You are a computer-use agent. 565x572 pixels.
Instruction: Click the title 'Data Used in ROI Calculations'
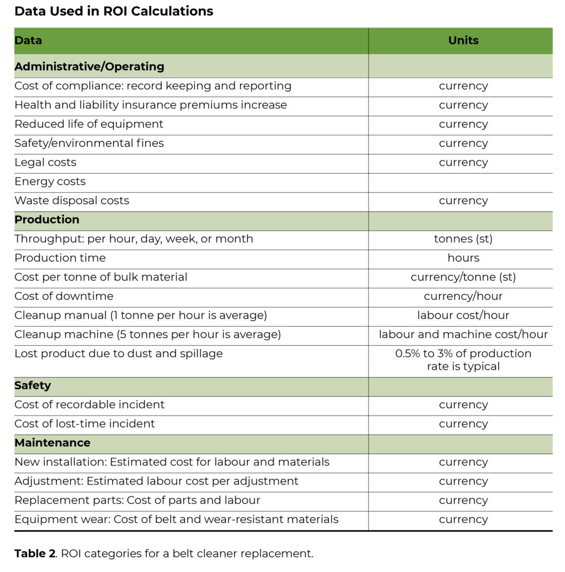(x=114, y=11)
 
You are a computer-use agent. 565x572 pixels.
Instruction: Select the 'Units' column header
(x=463, y=40)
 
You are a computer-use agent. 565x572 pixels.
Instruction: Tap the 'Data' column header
(x=28, y=40)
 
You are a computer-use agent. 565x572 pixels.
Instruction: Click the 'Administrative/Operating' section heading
(x=89, y=66)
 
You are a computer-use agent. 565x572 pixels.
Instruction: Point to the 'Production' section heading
(x=47, y=220)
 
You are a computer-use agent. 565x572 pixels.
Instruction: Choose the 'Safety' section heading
(x=32, y=385)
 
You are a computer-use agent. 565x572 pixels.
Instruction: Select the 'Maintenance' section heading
(x=52, y=443)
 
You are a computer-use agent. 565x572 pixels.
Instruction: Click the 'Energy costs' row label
(x=50, y=182)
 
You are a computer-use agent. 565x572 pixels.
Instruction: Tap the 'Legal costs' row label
(x=45, y=163)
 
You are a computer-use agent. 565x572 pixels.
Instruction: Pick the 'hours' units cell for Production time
(x=463, y=258)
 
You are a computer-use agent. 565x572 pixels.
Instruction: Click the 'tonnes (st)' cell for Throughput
(x=463, y=239)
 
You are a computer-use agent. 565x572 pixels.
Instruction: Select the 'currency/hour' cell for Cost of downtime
(x=463, y=296)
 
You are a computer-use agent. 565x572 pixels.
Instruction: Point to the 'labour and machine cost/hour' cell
(x=463, y=335)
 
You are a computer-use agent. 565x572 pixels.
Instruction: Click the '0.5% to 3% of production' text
(x=463, y=354)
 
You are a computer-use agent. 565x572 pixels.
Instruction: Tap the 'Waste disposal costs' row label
(x=71, y=201)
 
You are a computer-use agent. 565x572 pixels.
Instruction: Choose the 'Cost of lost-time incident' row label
(x=85, y=424)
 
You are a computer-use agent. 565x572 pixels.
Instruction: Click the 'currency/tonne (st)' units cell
(x=463, y=277)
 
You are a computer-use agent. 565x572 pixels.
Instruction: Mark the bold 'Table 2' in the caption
(x=35, y=554)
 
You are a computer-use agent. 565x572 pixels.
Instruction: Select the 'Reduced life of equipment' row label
(x=89, y=124)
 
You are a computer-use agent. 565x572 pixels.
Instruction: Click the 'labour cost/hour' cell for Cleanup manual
(x=463, y=316)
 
